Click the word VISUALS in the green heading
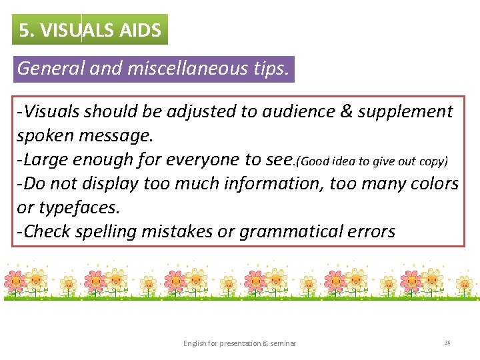[79, 30]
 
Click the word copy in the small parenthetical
[434, 161]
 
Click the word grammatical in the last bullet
[283, 231]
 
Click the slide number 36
[447, 343]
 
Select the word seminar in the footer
[283, 343]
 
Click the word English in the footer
[195, 343]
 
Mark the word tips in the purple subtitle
[270, 69]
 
